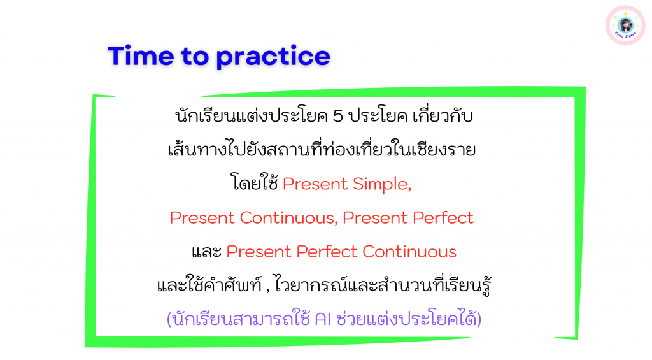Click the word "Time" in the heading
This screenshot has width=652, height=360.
coord(141,56)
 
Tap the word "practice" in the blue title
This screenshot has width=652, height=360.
coord(273,57)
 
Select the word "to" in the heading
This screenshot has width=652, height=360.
coord(195,57)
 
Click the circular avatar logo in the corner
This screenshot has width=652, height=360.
coord(625,25)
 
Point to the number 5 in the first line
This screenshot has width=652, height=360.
coord(337,116)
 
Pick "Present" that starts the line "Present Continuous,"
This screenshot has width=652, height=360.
coord(202,218)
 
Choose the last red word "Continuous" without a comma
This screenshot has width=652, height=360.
coord(409,252)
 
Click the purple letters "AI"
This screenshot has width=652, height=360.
coord(323,319)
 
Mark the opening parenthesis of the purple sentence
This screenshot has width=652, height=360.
coord(169,320)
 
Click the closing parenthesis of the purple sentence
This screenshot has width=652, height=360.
coord(479,320)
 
